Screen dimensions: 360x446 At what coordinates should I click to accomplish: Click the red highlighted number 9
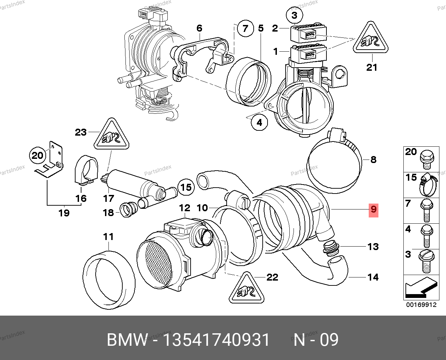pos(373,210)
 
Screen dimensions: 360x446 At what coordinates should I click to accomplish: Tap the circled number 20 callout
pos(37,155)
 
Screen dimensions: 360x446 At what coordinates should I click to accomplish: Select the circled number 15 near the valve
pos(186,188)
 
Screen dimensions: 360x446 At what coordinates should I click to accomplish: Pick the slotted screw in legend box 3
pos(426,261)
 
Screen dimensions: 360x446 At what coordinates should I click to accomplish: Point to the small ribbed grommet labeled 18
pos(129,210)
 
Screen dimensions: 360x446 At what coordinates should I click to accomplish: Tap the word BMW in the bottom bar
pos(127,340)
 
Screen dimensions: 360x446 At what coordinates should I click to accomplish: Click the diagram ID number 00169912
pos(421,305)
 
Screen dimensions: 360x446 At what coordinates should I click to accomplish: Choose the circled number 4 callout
pos(260,122)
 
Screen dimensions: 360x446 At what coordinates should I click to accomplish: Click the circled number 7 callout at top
pos(245,28)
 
